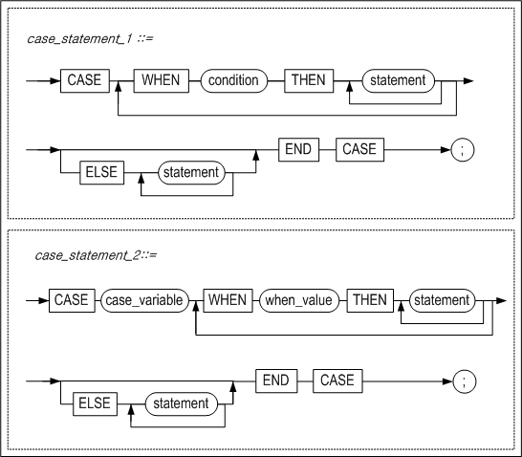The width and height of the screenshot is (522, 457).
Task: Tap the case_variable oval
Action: (143, 300)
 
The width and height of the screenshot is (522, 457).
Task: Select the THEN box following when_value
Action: (369, 300)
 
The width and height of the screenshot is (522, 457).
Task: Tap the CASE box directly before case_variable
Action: (71, 300)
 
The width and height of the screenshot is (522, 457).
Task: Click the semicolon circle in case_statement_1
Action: (462, 151)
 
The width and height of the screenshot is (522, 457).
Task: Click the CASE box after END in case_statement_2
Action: (337, 381)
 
